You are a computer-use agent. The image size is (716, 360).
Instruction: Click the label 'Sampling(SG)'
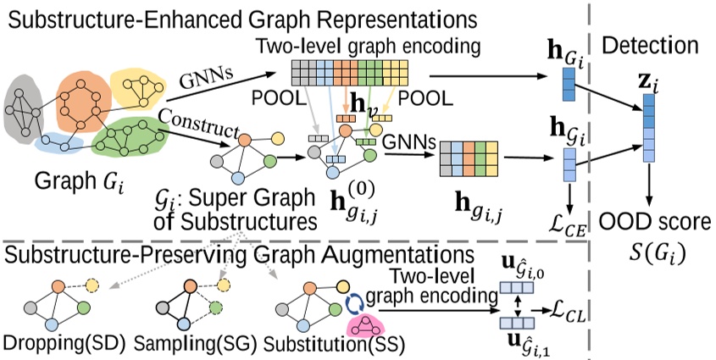200,346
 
